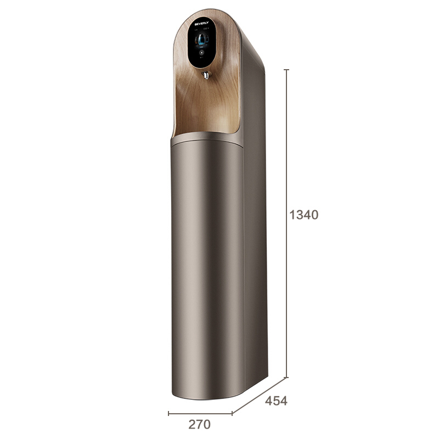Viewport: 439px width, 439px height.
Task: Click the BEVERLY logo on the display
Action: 203,24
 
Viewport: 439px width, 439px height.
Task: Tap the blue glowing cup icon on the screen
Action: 202,40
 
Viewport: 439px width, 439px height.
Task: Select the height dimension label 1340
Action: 303,215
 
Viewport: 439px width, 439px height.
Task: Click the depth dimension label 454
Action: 276,401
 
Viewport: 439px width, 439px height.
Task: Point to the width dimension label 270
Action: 199,424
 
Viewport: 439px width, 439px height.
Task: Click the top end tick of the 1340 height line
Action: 286,70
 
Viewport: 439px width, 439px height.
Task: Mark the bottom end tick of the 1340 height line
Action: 286,378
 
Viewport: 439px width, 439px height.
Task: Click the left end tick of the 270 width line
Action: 168,413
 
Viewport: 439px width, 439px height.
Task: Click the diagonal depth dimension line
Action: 259,395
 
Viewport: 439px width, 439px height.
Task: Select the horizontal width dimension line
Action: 200,413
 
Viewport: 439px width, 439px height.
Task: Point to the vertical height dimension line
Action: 286,165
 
